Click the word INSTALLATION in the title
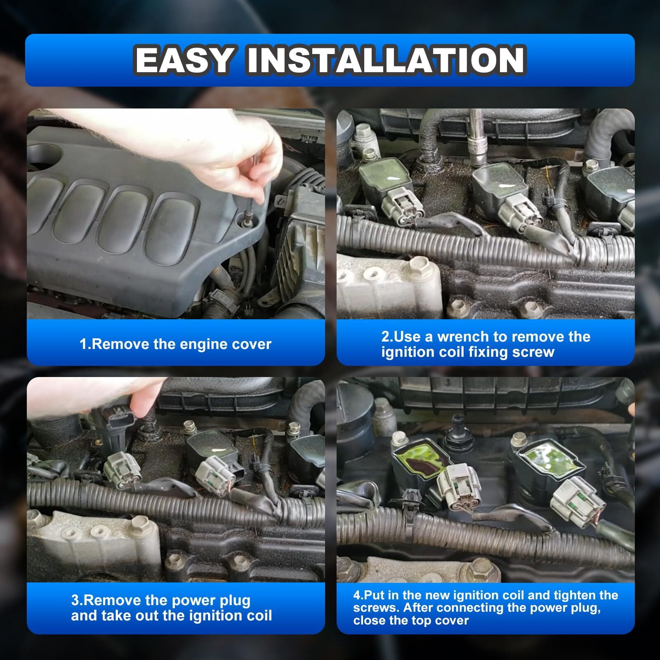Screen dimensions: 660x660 (x=386, y=60)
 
